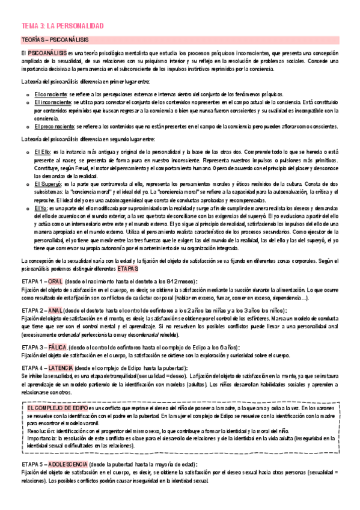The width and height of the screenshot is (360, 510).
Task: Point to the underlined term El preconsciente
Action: (53, 126)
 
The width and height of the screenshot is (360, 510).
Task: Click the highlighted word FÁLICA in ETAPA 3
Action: (58, 347)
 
